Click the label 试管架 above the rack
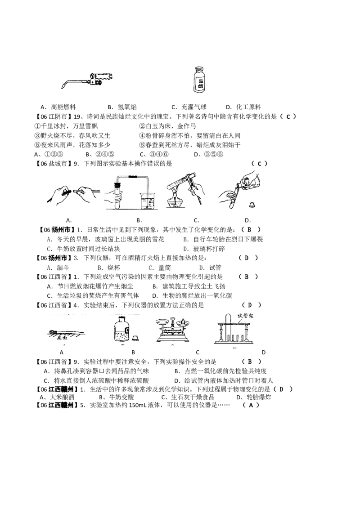coord(246,316)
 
